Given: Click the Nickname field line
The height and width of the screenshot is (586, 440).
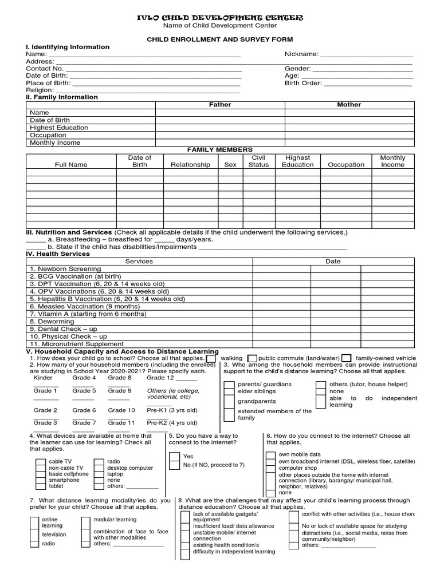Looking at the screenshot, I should tap(367, 55).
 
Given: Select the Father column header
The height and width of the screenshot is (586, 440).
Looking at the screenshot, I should tap(220, 105).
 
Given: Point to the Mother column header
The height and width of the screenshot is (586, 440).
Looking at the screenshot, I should tap(349, 105).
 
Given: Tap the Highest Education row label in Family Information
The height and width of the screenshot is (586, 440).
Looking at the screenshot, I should tap(59, 128).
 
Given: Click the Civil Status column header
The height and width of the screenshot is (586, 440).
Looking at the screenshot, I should tap(258, 161).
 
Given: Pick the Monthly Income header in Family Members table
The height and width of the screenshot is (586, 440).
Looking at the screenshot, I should tap(392, 161).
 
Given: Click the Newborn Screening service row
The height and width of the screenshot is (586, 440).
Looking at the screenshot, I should tap(65, 268).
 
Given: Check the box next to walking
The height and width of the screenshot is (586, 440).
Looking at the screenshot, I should tap(211, 358).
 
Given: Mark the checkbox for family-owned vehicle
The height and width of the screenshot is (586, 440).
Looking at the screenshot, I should tap(346, 358).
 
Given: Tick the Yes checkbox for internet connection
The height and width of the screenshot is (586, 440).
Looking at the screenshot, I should tap(174, 457).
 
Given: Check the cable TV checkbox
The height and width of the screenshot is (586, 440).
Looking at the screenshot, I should tap(40, 461).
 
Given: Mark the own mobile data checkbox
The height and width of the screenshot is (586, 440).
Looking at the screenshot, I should tap(270, 455).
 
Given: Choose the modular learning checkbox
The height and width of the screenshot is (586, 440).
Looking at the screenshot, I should tap(85, 520).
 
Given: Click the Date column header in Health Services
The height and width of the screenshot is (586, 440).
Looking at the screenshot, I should tap(333, 261).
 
